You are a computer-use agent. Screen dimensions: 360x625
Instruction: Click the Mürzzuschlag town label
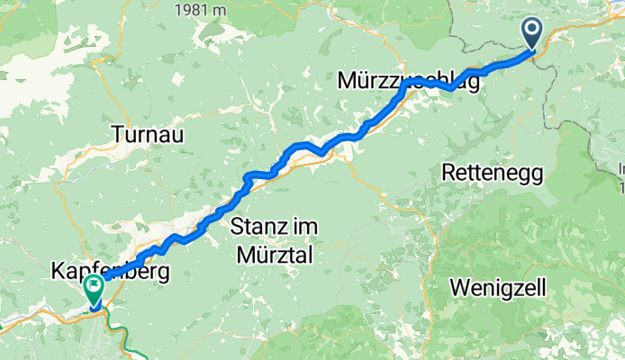click(408, 81)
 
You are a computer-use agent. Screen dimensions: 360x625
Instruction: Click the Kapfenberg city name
click(111, 270)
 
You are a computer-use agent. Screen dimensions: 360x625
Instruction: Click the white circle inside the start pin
click(532, 31)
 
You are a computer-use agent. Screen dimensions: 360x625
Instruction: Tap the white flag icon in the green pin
click(94, 287)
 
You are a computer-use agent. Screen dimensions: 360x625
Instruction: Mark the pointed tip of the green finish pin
click(94, 307)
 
